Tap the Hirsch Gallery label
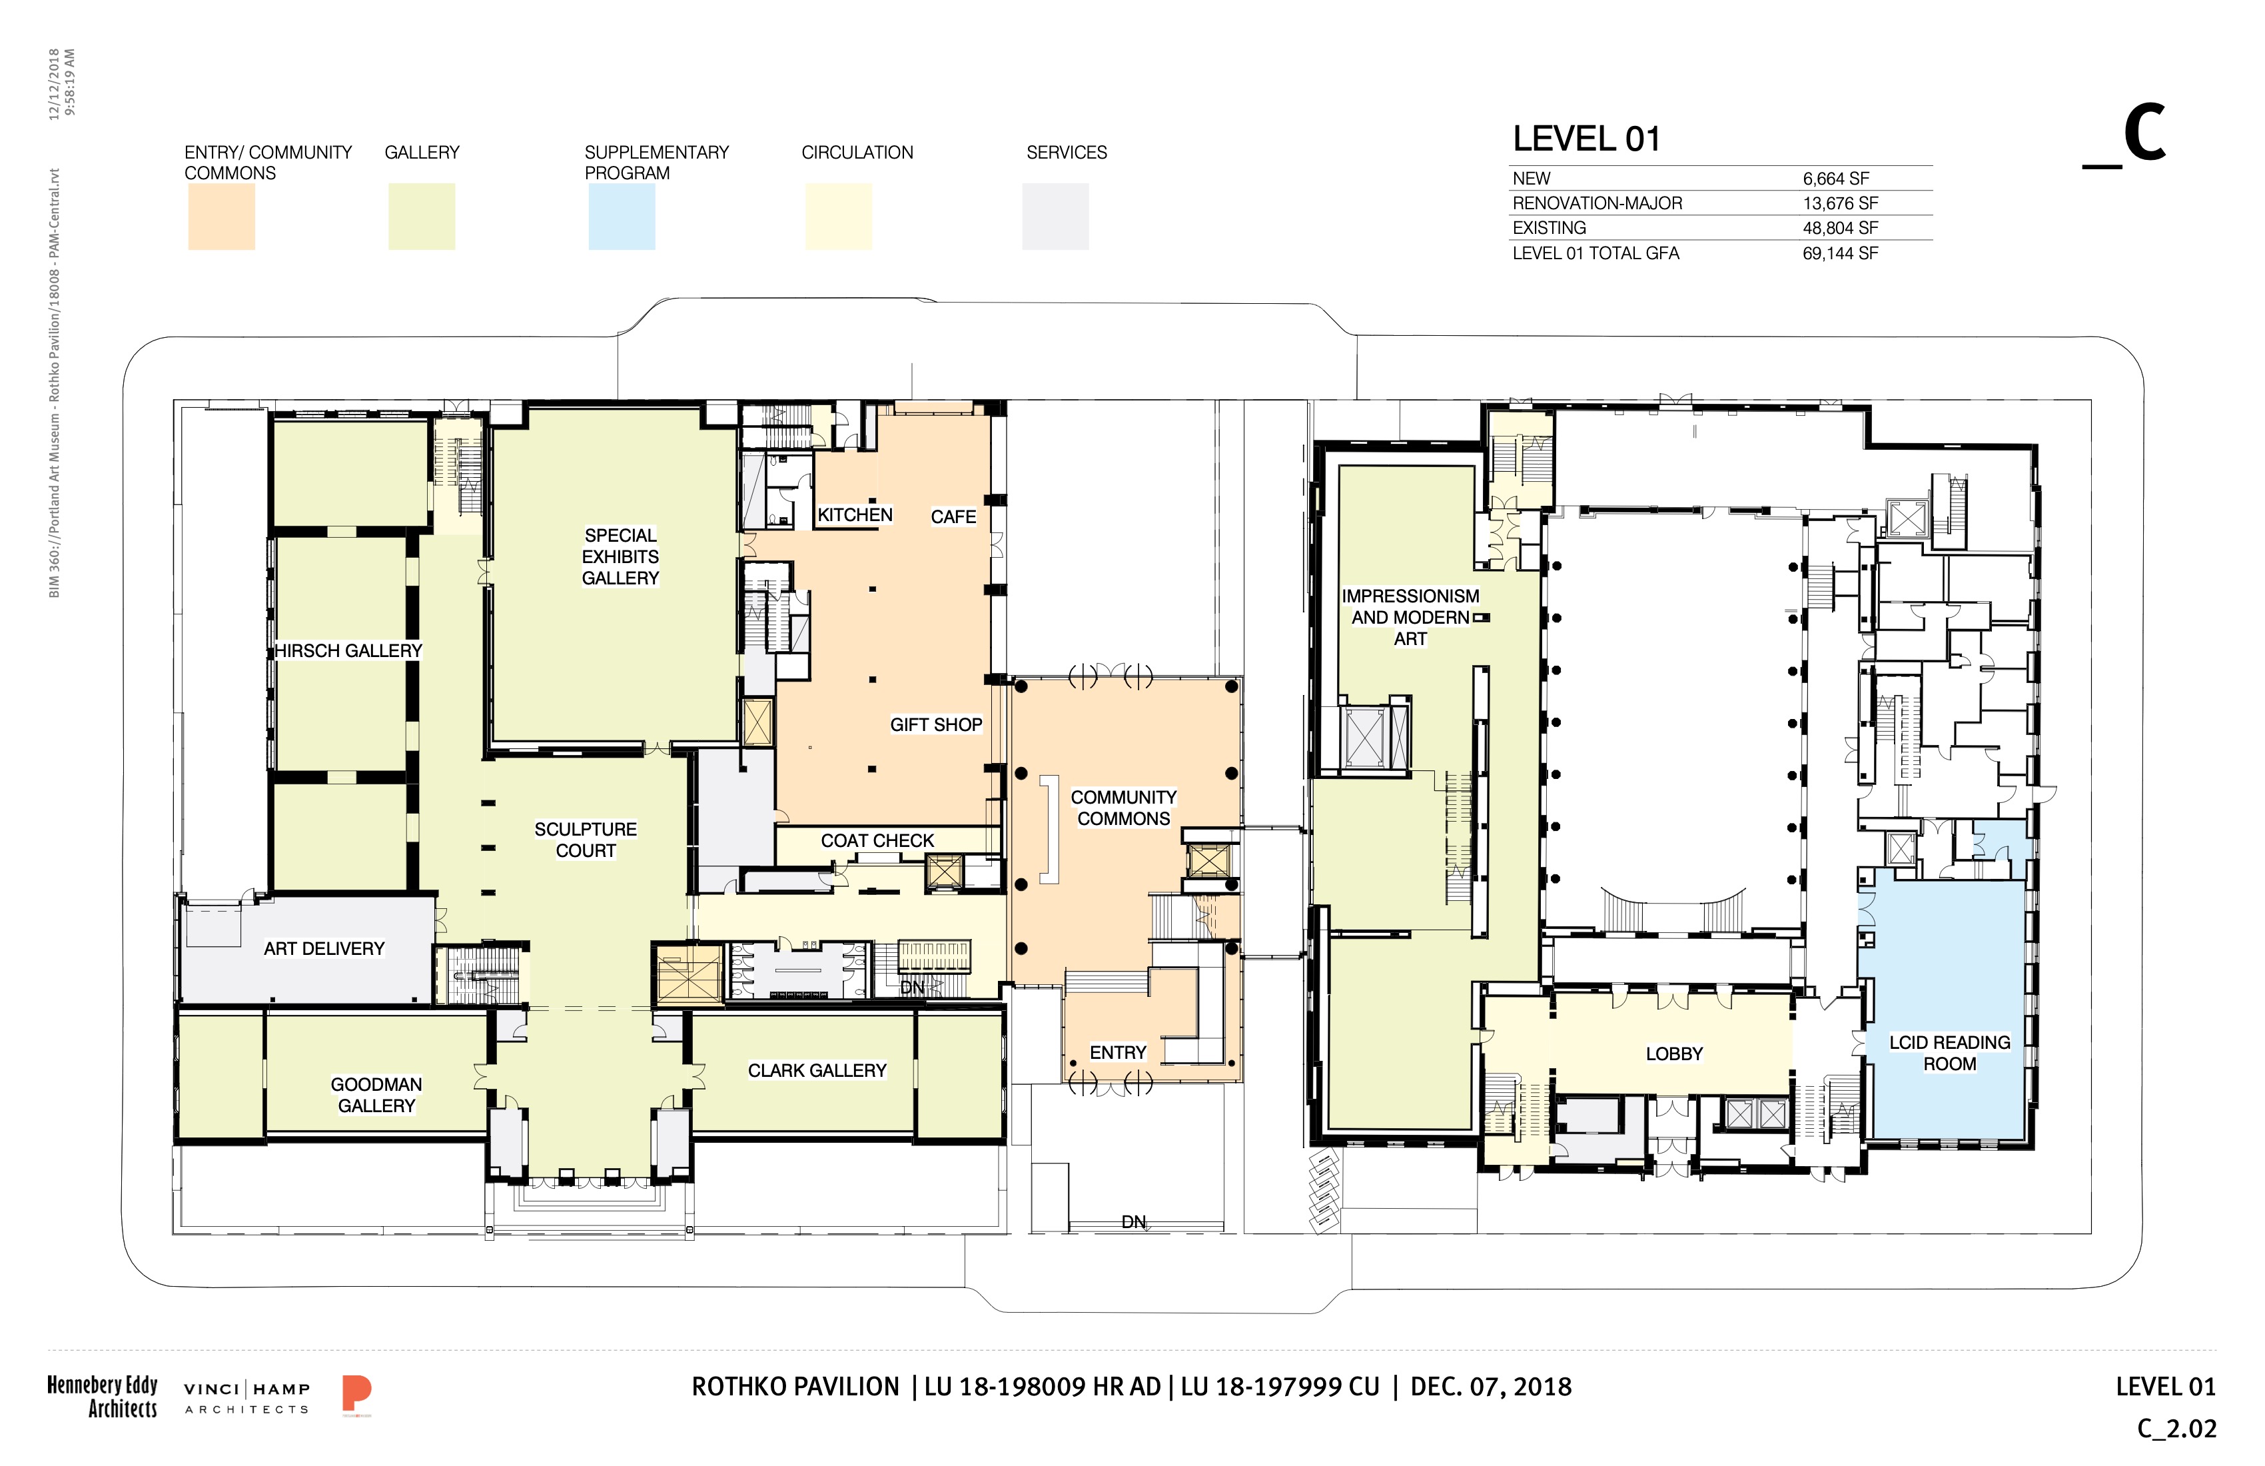click(x=348, y=651)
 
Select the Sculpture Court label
click(x=586, y=840)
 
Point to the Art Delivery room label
click(x=324, y=949)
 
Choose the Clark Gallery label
click(x=817, y=1071)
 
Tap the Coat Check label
click(x=877, y=840)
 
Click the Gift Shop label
click(x=937, y=724)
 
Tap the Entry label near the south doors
click(x=1119, y=1053)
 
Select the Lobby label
click(x=1674, y=1054)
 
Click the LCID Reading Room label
click(x=1950, y=1053)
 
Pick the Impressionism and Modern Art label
click(x=1410, y=617)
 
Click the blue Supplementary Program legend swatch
click(x=622, y=217)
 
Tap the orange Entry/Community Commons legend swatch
click(x=221, y=217)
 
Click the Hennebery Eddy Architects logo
click(x=103, y=1397)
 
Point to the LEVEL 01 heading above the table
click(x=1586, y=139)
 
